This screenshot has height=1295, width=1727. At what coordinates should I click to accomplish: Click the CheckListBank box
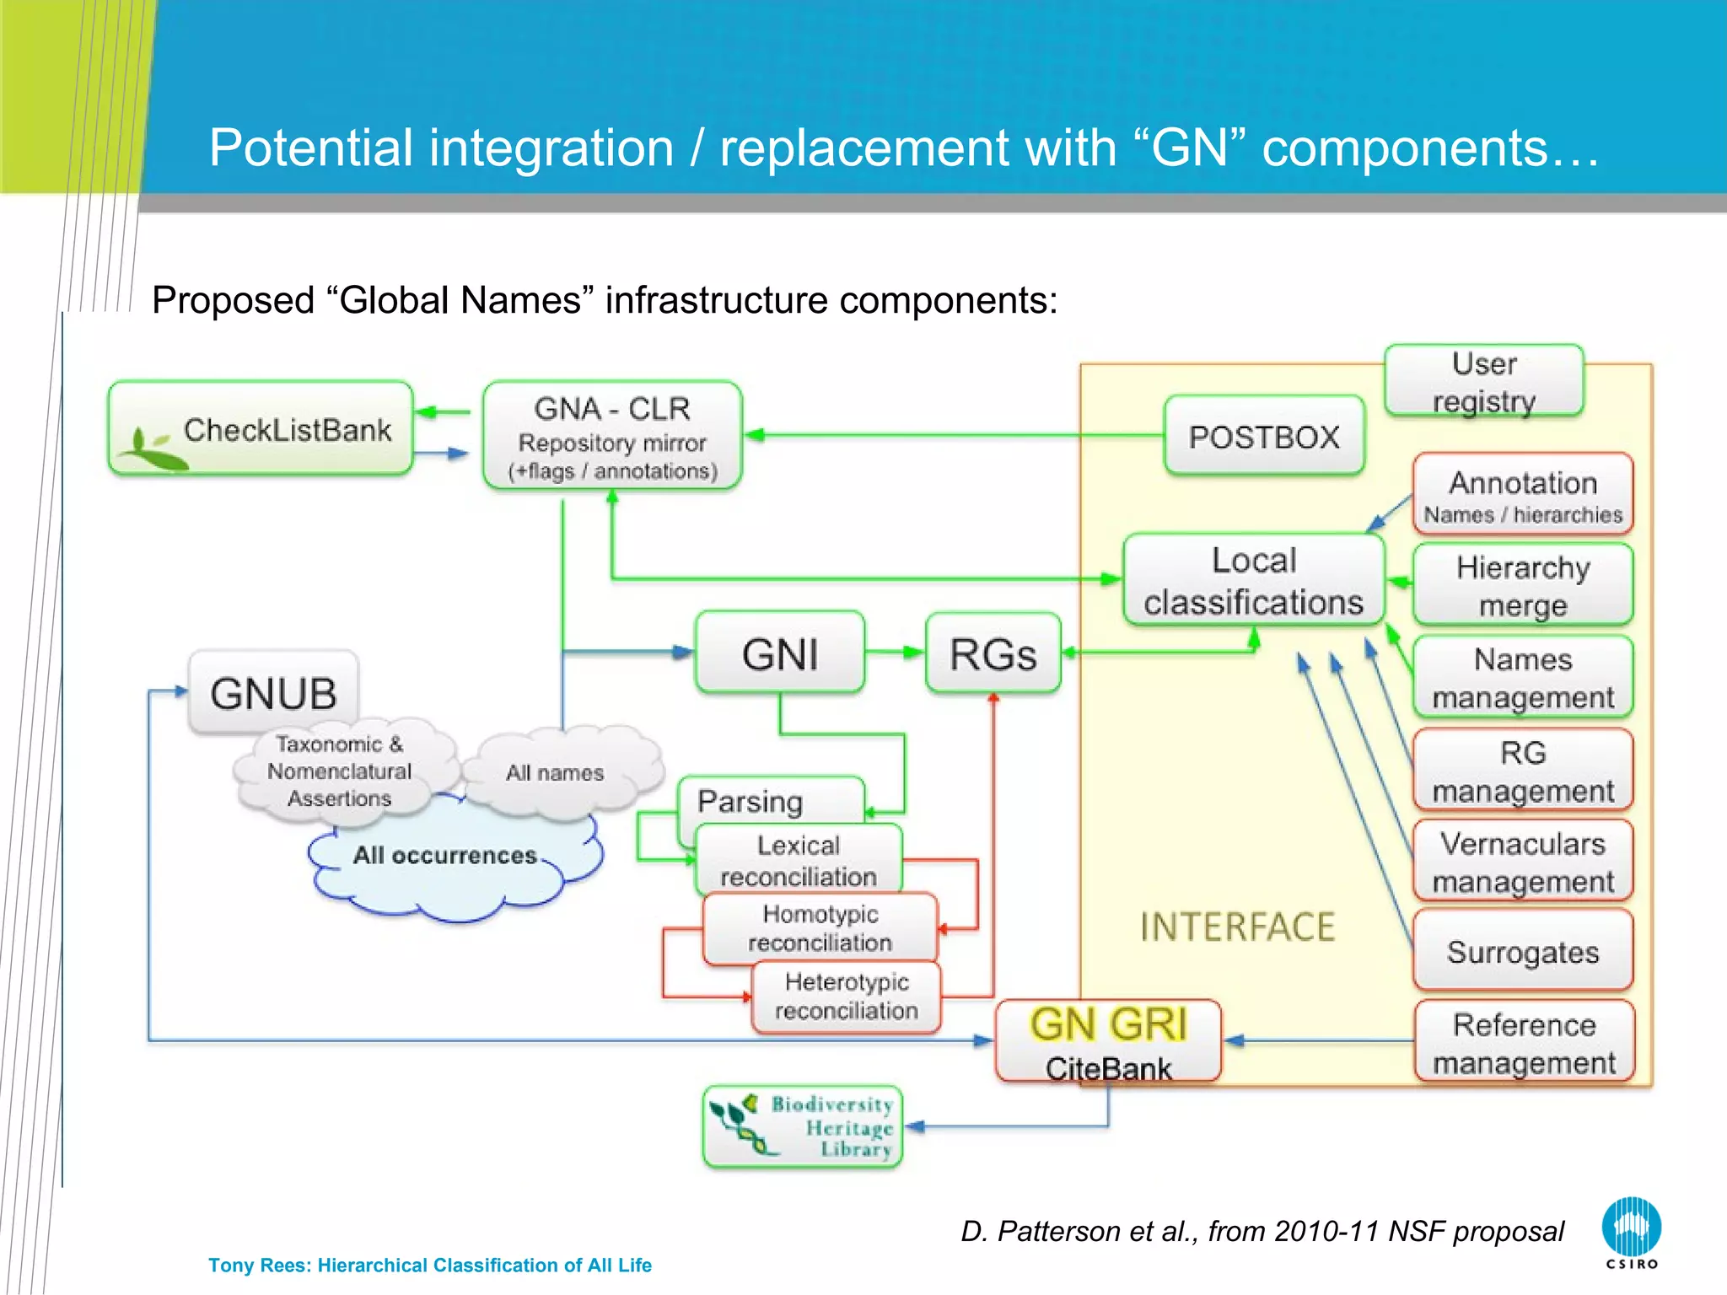(261, 429)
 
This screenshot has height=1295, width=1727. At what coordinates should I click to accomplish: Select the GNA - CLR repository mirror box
(612, 436)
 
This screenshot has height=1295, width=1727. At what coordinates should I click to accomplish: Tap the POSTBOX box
(1263, 437)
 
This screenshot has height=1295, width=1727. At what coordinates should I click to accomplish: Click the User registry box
(1483, 381)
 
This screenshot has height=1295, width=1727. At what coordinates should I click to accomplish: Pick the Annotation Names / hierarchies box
(1523, 495)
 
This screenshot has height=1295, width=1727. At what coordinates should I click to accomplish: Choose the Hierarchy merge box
(1523, 585)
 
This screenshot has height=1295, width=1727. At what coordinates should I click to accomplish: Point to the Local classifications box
(1253, 581)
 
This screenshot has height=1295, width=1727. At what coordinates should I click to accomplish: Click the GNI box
(780, 653)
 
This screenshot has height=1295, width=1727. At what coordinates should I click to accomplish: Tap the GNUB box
(273, 693)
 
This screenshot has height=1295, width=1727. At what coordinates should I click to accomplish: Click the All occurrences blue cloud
(445, 868)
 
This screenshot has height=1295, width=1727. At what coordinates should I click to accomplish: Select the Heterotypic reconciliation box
(846, 997)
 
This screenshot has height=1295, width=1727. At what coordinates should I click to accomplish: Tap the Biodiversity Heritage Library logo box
(802, 1126)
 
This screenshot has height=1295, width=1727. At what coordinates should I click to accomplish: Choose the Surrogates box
(1523, 951)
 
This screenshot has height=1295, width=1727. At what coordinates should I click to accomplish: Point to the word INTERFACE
(1237, 927)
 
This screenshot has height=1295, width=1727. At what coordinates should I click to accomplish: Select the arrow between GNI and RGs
(895, 652)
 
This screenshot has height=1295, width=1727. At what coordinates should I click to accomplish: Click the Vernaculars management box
(1523, 862)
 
